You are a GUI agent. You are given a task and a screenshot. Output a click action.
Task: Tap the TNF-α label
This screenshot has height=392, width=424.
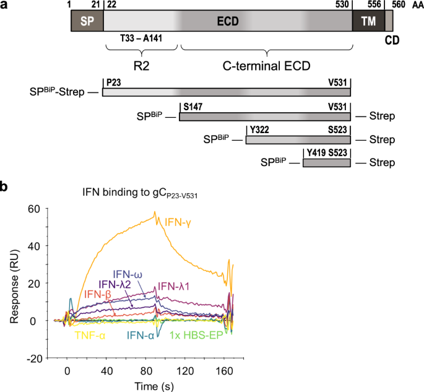(91, 335)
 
